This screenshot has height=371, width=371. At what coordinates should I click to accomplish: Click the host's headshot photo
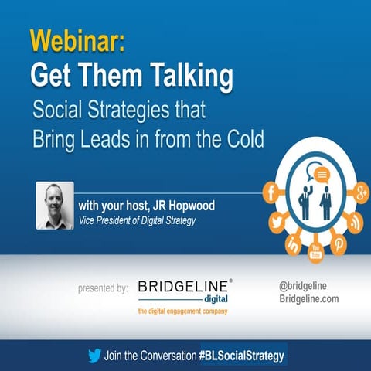pyautogui.click(x=54, y=205)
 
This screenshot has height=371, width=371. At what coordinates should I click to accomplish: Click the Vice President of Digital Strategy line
pyautogui.click(x=139, y=220)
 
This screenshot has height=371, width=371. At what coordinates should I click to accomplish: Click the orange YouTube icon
pyautogui.click(x=315, y=252)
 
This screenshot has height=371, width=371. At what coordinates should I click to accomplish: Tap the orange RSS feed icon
pyautogui.click(x=354, y=222)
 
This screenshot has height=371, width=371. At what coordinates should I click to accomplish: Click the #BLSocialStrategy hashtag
pyautogui.click(x=243, y=356)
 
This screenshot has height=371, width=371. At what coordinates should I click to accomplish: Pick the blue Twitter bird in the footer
pyautogui.click(x=94, y=356)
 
